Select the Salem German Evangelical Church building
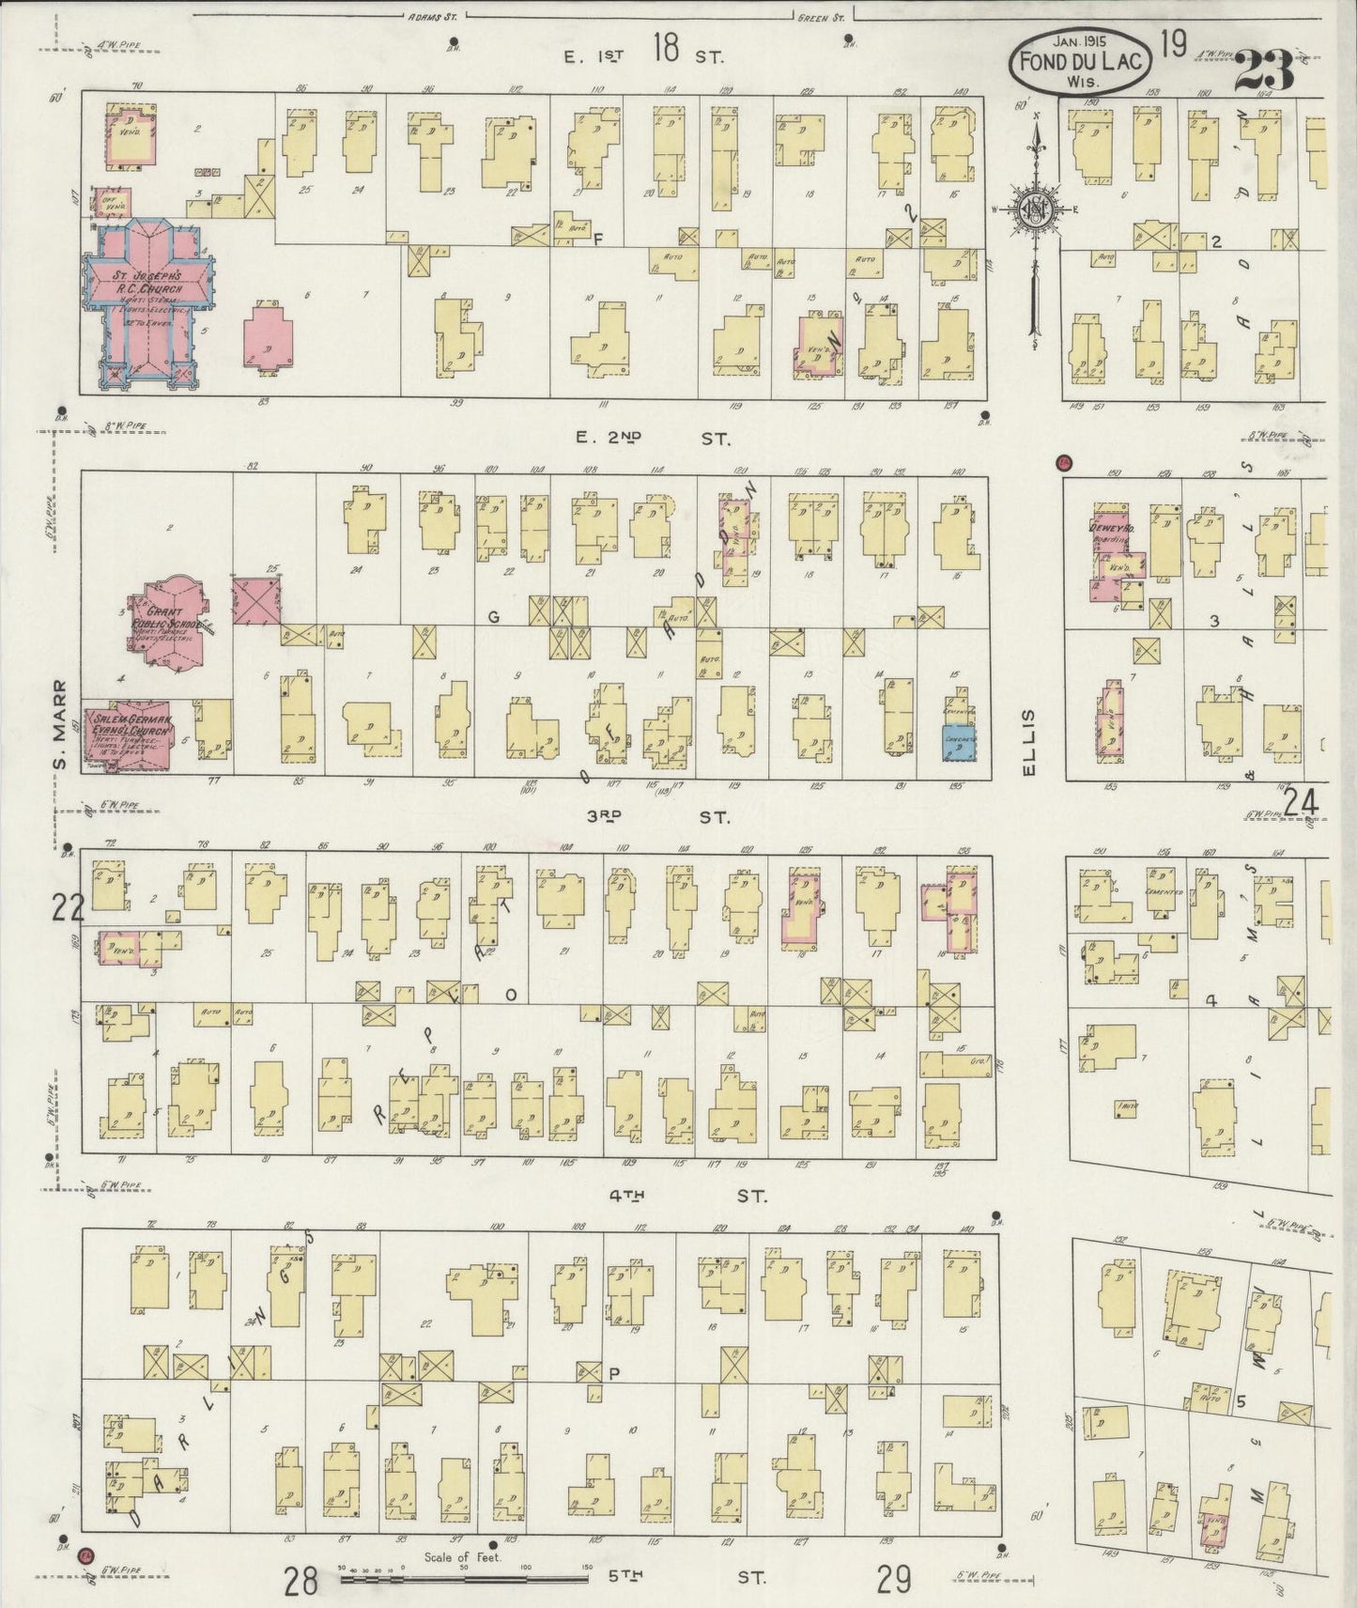[x=130, y=734]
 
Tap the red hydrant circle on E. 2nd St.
[x=1063, y=462]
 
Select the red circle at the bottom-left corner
[x=86, y=1554]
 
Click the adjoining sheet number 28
[x=301, y=1582]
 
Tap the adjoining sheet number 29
[x=893, y=1582]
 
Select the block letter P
[x=615, y=1372]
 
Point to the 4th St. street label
[x=686, y=1196]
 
